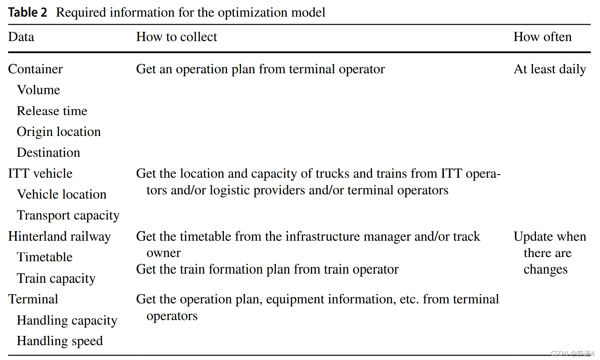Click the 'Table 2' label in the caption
pyautogui.click(x=28, y=12)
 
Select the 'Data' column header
pyautogui.click(x=21, y=37)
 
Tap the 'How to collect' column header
pyautogui.click(x=176, y=37)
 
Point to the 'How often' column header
pyautogui.click(x=542, y=37)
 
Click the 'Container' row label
pyautogui.click(x=35, y=69)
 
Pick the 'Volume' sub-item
pyautogui.click(x=38, y=90)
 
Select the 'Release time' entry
pyautogui.click(x=52, y=111)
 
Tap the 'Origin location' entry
pyautogui.click(x=59, y=132)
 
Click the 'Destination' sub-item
pyautogui.click(x=49, y=153)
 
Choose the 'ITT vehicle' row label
pyautogui.click(x=40, y=173)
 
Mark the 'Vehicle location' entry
pyautogui.click(x=62, y=194)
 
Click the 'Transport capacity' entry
pyautogui.click(x=68, y=215)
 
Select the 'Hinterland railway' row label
pyautogui.click(x=60, y=236)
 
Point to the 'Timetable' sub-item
pyautogui.click(x=45, y=257)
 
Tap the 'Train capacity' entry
pyautogui.click(x=56, y=278)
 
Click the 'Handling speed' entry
pyautogui.click(x=60, y=341)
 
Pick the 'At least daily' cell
pyautogui.click(x=550, y=69)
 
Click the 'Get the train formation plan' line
pyautogui.click(x=267, y=269)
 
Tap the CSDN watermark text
pyautogui.click(x=572, y=353)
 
